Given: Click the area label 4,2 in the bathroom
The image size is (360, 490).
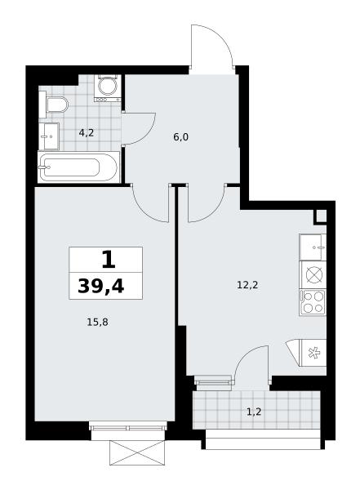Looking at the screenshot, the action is point(87,133).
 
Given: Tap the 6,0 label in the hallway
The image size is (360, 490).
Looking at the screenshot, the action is point(180,137).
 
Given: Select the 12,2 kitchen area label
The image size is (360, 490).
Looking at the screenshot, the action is point(247,285).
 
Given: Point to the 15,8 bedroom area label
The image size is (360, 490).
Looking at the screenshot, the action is point(97,322).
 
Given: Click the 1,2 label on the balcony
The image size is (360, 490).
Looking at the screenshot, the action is point(254,412).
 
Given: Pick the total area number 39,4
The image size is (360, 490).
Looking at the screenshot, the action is point(101,286).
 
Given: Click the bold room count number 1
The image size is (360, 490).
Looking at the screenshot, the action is point(109,260).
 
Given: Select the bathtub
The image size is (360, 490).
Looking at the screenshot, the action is point(78,167).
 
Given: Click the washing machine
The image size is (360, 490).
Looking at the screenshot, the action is point(108,88).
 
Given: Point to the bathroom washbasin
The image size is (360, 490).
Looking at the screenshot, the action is point(49,136).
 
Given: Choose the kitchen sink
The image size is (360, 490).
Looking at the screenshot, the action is point(313,247).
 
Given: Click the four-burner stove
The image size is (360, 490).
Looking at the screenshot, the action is point(313,302).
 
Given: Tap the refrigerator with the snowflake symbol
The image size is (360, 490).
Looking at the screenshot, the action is point(313,353).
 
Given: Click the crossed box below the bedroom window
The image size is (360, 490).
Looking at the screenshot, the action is point(137,452).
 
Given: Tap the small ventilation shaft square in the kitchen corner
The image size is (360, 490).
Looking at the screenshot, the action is point(320,216).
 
